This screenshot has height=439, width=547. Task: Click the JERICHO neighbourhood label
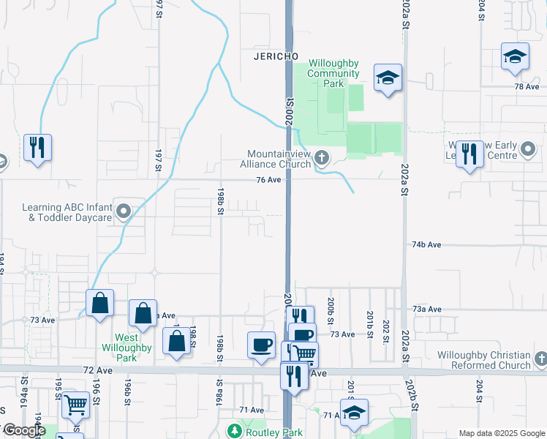[275, 56]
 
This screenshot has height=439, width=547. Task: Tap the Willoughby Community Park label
[333, 73]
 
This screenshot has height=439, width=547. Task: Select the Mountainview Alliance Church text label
[279, 159]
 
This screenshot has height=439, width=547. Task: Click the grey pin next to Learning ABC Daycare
[124, 213]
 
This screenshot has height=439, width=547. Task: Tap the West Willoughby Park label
[127, 348]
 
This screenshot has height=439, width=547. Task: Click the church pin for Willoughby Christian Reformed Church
[540, 359]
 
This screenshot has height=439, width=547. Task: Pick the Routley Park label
[272, 432]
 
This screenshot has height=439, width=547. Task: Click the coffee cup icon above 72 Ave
[261, 344]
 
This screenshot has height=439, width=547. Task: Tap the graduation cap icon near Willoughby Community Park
[388, 77]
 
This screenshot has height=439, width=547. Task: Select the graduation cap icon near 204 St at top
[515, 56]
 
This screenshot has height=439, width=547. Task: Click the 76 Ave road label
[269, 180]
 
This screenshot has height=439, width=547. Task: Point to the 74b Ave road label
[427, 244]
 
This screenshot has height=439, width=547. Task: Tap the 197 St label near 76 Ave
[158, 160]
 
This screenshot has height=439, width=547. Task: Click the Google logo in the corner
[23, 430]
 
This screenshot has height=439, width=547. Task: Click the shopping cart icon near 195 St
[76, 405]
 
